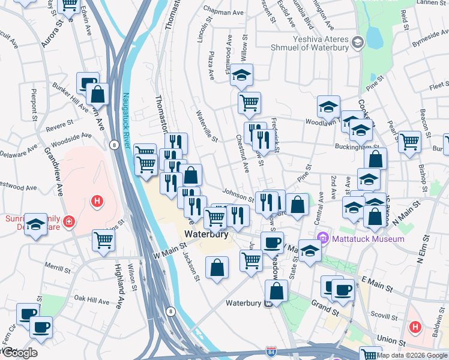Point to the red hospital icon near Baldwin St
414,327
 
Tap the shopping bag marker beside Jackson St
217,268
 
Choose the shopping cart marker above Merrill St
104,239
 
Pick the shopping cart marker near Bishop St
409,142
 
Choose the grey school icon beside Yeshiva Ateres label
358,42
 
